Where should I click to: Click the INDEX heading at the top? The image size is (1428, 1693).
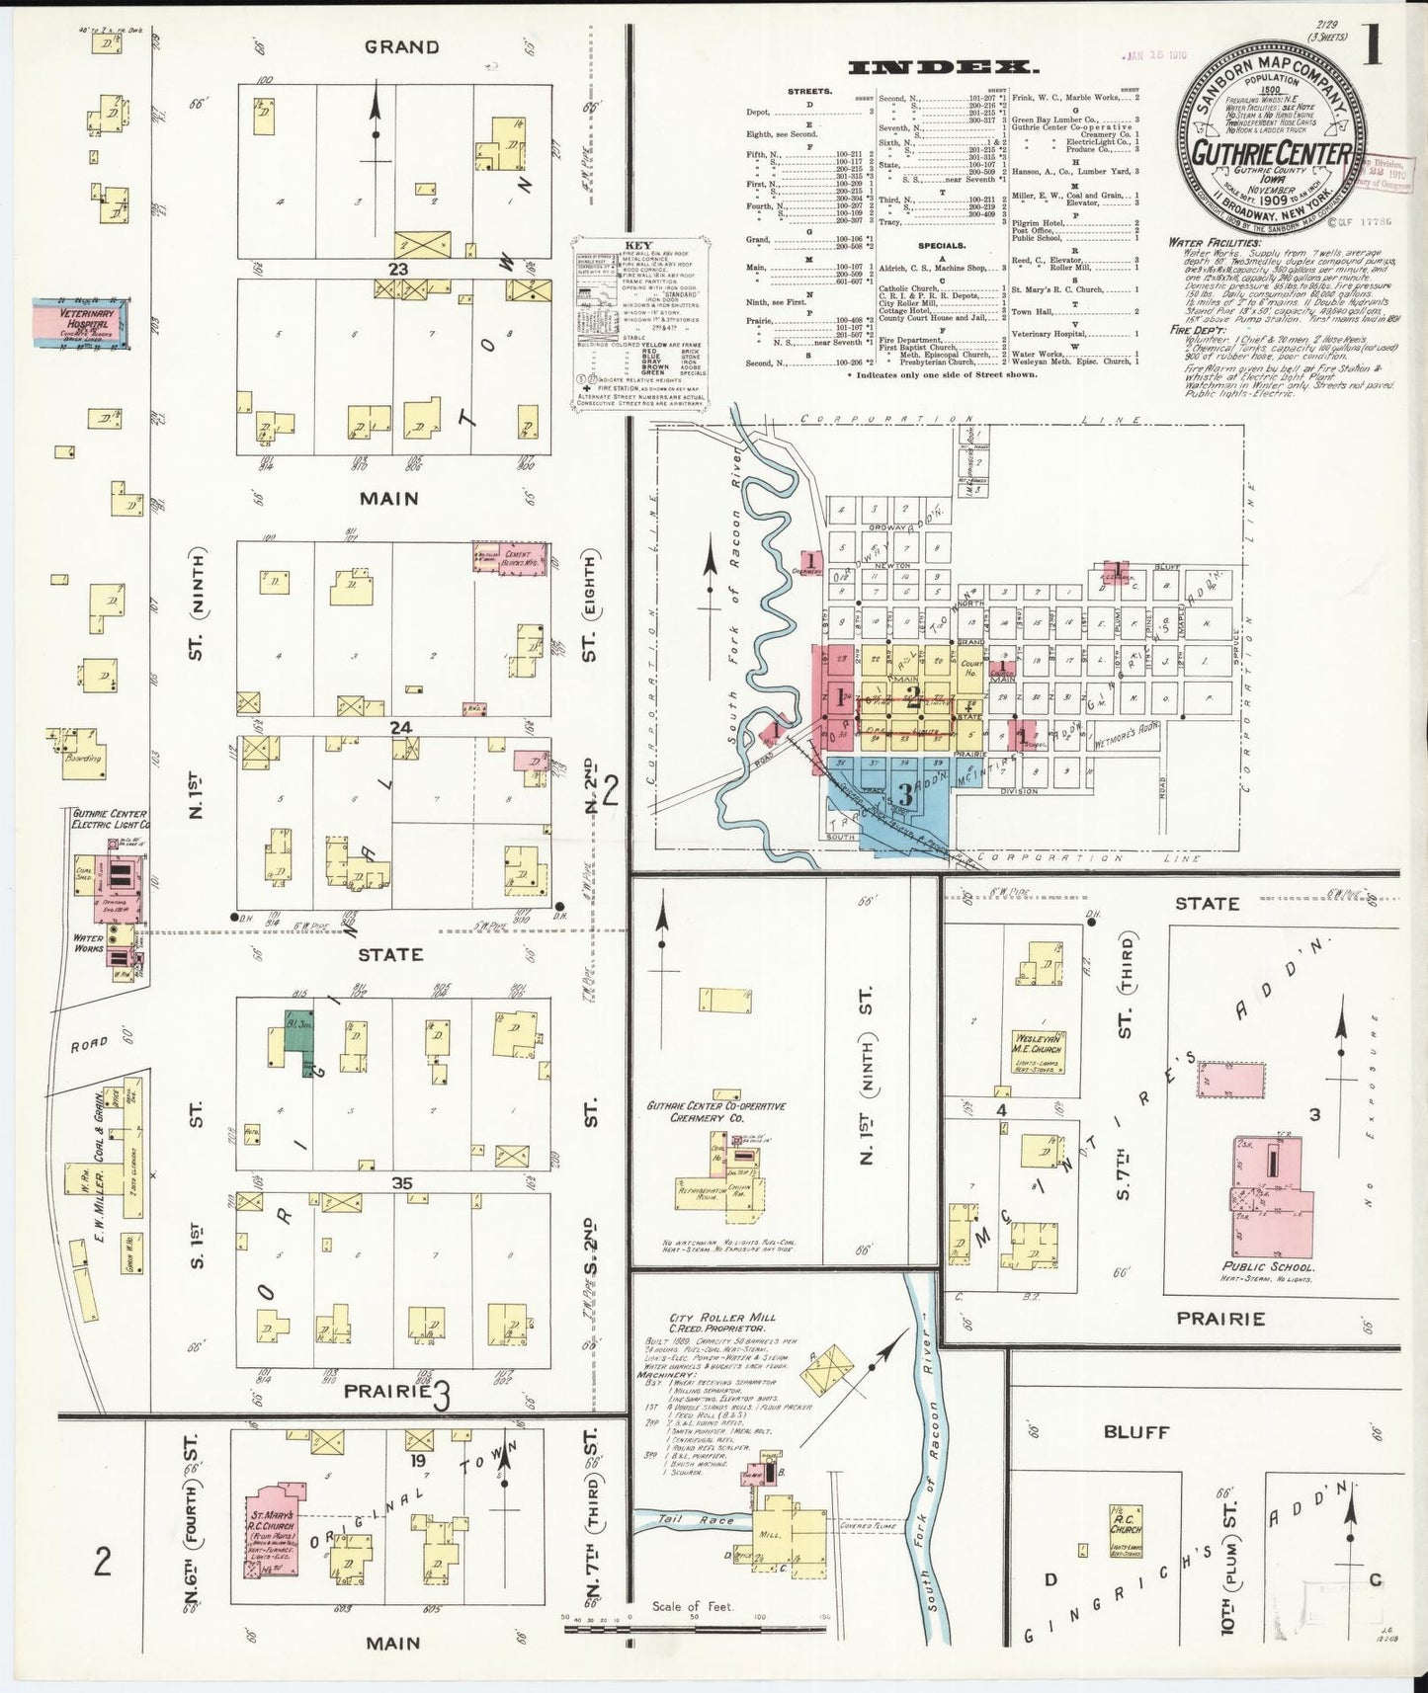[945, 68]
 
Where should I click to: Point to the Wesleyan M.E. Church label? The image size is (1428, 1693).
[1035, 1043]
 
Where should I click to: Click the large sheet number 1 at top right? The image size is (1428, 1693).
[1375, 49]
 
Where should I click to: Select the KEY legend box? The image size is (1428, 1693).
[640, 322]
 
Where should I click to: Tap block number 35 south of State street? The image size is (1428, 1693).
[400, 1183]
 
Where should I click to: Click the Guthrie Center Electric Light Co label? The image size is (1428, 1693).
[110, 818]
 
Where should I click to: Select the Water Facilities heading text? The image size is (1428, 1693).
[1214, 242]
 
